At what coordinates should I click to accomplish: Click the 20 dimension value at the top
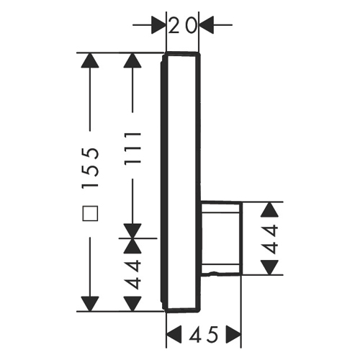[x=183, y=26]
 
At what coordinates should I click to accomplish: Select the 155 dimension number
[x=90, y=167]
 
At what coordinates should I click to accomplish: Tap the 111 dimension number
[x=132, y=148]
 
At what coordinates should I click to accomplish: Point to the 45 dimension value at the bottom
[x=204, y=334]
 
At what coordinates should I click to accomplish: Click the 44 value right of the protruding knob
[x=270, y=238]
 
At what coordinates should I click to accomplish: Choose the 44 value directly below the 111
[x=132, y=275]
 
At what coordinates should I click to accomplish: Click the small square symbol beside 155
[x=90, y=213]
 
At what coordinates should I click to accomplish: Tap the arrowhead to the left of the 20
[x=158, y=24]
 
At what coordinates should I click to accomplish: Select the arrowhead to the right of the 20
[x=207, y=24]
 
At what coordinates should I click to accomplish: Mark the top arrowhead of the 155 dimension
[x=90, y=60]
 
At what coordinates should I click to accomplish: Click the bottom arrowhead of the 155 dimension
[x=90, y=304]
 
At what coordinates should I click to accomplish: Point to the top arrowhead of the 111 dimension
[x=132, y=60]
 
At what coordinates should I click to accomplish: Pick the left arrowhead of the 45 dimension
[x=174, y=334]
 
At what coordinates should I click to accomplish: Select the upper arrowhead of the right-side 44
[x=270, y=210]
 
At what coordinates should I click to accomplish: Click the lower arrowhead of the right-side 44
[x=270, y=267]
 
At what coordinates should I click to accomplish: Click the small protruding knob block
[x=221, y=238]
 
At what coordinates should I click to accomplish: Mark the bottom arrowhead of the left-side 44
[x=132, y=304]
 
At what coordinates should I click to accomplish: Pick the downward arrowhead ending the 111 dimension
[x=132, y=231]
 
